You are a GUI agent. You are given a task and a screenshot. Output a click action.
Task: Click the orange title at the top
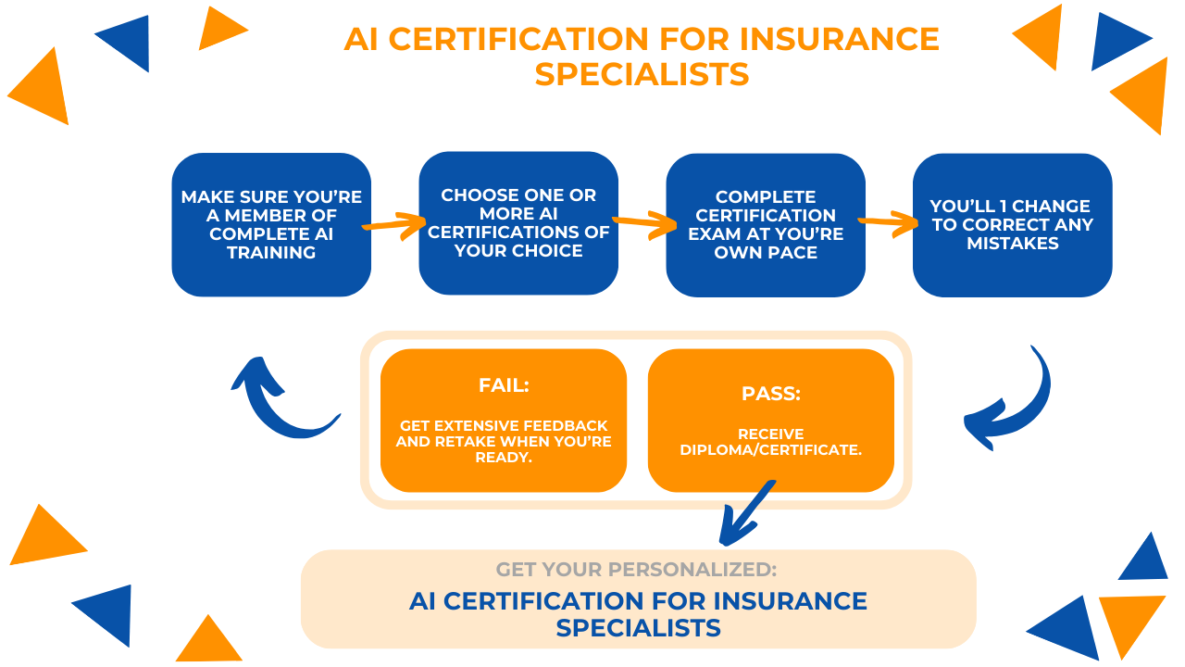[x=641, y=56]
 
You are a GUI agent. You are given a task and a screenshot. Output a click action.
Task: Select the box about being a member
[x=271, y=224]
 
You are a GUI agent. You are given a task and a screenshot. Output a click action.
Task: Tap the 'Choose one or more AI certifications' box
[x=518, y=222]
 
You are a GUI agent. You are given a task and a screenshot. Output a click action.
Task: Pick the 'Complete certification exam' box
[x=766, y=224]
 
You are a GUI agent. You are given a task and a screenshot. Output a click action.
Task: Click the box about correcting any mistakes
[x=1012, y=224]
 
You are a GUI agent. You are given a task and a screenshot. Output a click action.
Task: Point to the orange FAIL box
[x=503, y=420]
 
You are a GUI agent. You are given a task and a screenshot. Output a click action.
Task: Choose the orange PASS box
[x=770, y=420]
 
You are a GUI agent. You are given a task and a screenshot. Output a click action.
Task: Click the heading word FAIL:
[x=504, y=385]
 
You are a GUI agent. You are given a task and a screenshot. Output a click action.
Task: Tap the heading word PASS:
[x=770, y=394]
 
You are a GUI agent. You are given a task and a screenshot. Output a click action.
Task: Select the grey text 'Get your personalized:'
[x=636, y=570]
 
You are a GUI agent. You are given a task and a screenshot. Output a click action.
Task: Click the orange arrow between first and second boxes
[x=395, y=224]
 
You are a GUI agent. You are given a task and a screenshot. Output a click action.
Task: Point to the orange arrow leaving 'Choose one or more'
[x=643, y=222]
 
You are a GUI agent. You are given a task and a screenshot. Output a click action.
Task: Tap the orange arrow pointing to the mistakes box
[x=890, y=222]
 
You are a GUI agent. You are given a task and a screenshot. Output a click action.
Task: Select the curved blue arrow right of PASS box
[x=1010, y=400]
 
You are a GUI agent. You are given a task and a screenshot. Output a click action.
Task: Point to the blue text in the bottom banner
[x=638, y=613]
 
